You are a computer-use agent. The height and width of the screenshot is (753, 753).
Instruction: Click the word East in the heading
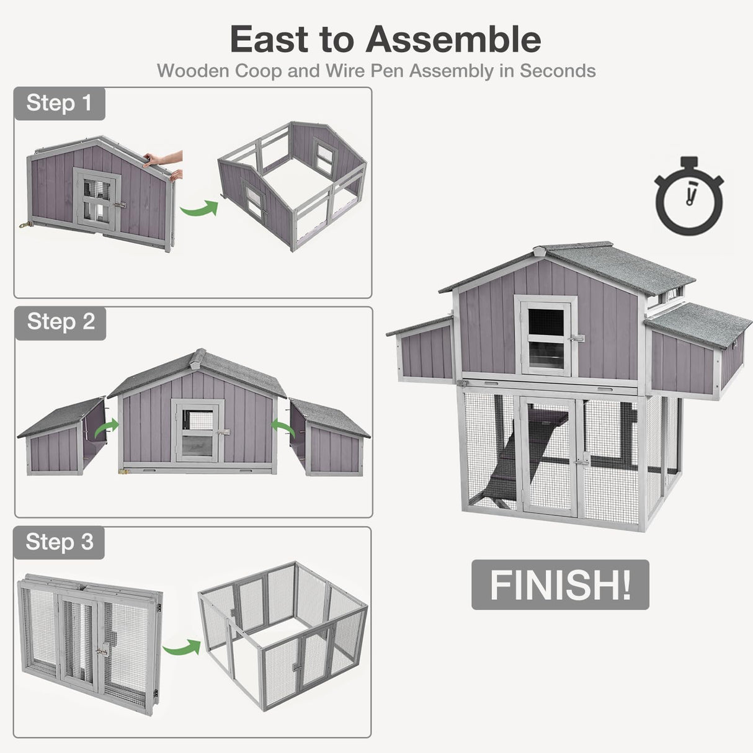click(x=269, y=40)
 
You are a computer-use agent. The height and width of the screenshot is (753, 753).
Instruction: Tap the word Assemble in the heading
click(x=453, y=40)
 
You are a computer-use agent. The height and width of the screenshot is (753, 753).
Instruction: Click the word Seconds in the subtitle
click(x=558, y=71)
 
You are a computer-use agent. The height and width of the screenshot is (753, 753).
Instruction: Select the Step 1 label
click(x=59, y=103)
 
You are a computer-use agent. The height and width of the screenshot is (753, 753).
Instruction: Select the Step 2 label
click(x=60, y=322)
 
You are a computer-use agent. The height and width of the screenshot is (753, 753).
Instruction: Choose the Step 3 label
click(x=59, y=542)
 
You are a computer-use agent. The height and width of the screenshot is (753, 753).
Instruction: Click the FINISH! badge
click(x=560, y=585)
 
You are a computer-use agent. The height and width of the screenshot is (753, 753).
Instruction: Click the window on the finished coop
click(x=546, y=337)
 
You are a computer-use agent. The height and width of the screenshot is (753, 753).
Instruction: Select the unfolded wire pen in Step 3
click(x=282, y=639)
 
